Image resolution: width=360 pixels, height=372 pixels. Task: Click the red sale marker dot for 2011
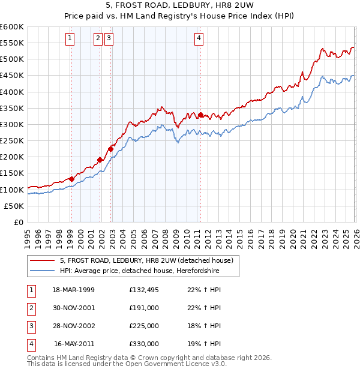coord(200,115)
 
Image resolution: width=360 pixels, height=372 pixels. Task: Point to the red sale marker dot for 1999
coord(71,179)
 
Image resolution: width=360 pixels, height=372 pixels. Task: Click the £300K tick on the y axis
coord(12,124)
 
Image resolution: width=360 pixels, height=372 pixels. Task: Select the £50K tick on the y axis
coord(14,206)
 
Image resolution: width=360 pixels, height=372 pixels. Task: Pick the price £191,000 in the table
coord(144,308)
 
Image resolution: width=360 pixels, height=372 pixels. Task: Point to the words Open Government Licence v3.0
coord(175,364)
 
